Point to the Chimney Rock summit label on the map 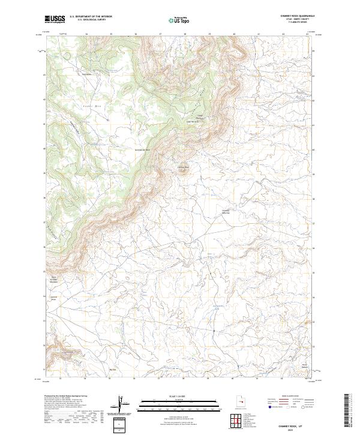(x=182, y=167)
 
